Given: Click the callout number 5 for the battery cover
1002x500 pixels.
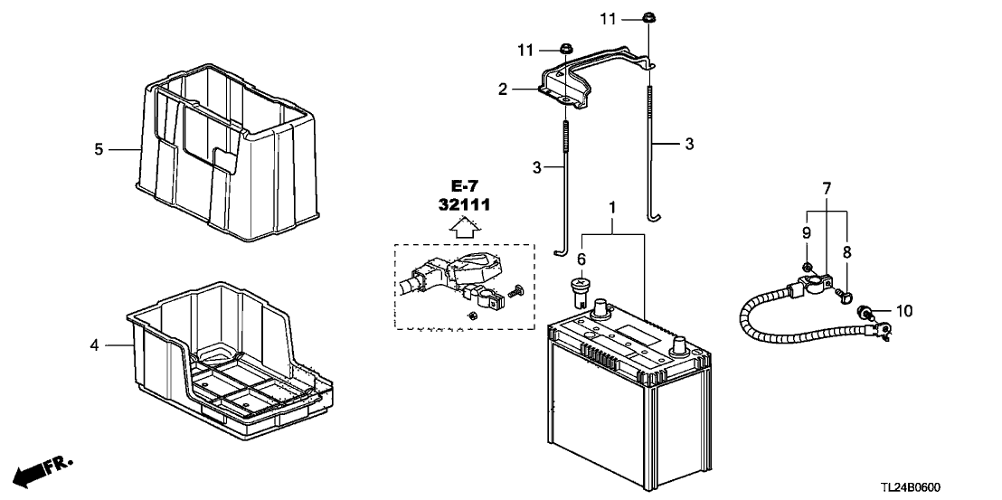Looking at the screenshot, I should click(x=99, y=149).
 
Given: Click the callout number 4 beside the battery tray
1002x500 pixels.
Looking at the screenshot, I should click(x=94, y=344).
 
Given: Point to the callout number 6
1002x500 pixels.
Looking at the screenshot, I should click(x=582, y=257).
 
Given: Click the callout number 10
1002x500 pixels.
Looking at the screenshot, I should click(x=905, y=311).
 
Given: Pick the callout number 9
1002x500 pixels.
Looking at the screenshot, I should click(x=805, y=232).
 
